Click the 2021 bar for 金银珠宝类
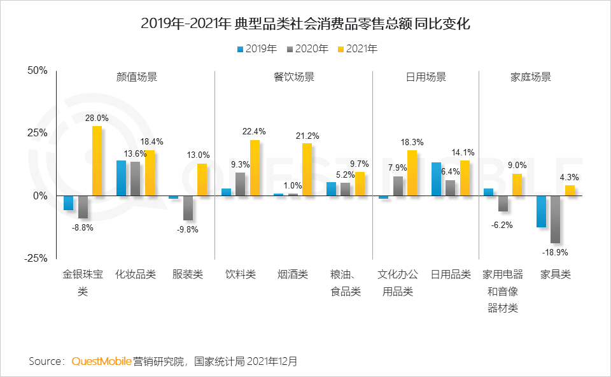(x=97, y=160)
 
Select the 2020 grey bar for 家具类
(x=555, y=219)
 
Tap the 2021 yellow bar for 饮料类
(x=255, y=167)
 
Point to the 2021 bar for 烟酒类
(x=307, y=169)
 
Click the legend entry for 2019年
(x=256, y=48)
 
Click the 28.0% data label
(x=97, y=118)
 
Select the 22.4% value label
(x=254, y=132)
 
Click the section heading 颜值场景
(x=136, y=78)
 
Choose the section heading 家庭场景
(x=530, y=78)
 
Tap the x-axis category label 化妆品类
(x=136, y=275)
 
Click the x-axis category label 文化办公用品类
(x=398, y=283)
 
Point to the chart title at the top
(x=305, y=25)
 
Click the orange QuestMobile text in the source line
(x=101, y=361)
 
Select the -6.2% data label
(x=502, y=225)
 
